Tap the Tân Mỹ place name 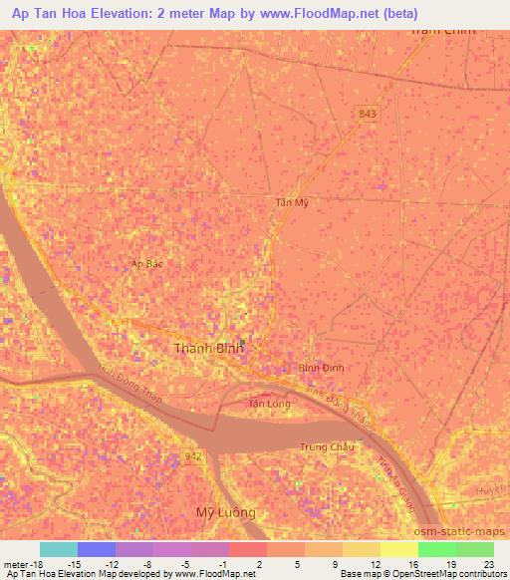290,202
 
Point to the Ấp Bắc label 146,263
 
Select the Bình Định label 321,368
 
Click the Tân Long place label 269,404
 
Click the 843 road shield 368,115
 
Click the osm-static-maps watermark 459,531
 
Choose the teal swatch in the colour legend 59,549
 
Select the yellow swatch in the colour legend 398,549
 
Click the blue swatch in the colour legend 97,549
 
